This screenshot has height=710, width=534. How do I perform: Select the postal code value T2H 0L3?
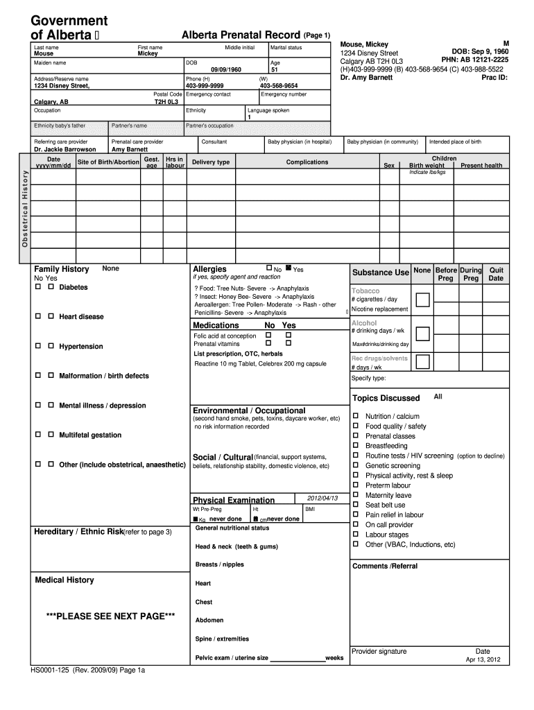[166, 101]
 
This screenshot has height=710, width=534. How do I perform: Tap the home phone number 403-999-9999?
[205, 86]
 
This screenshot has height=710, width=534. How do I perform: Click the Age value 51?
[274, 70]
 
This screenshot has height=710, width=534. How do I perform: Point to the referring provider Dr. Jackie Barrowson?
[65, 149]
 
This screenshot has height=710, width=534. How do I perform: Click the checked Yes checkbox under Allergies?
[288, 268]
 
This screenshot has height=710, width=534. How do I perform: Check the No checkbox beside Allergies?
[269, 268]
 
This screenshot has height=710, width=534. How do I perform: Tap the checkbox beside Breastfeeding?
[356, 446]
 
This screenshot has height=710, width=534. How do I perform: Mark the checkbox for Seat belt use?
[356, 505]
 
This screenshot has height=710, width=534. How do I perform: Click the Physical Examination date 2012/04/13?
[322, 499]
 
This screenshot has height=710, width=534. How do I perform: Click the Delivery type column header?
[211, 162]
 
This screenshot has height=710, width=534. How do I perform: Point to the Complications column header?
[307, 162]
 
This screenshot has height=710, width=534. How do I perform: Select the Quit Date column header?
[496, 274]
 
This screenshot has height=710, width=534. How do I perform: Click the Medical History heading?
[64, 580]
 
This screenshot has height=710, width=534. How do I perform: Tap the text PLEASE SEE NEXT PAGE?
[110, 616]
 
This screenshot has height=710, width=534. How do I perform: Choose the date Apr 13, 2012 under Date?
[483, 659]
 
